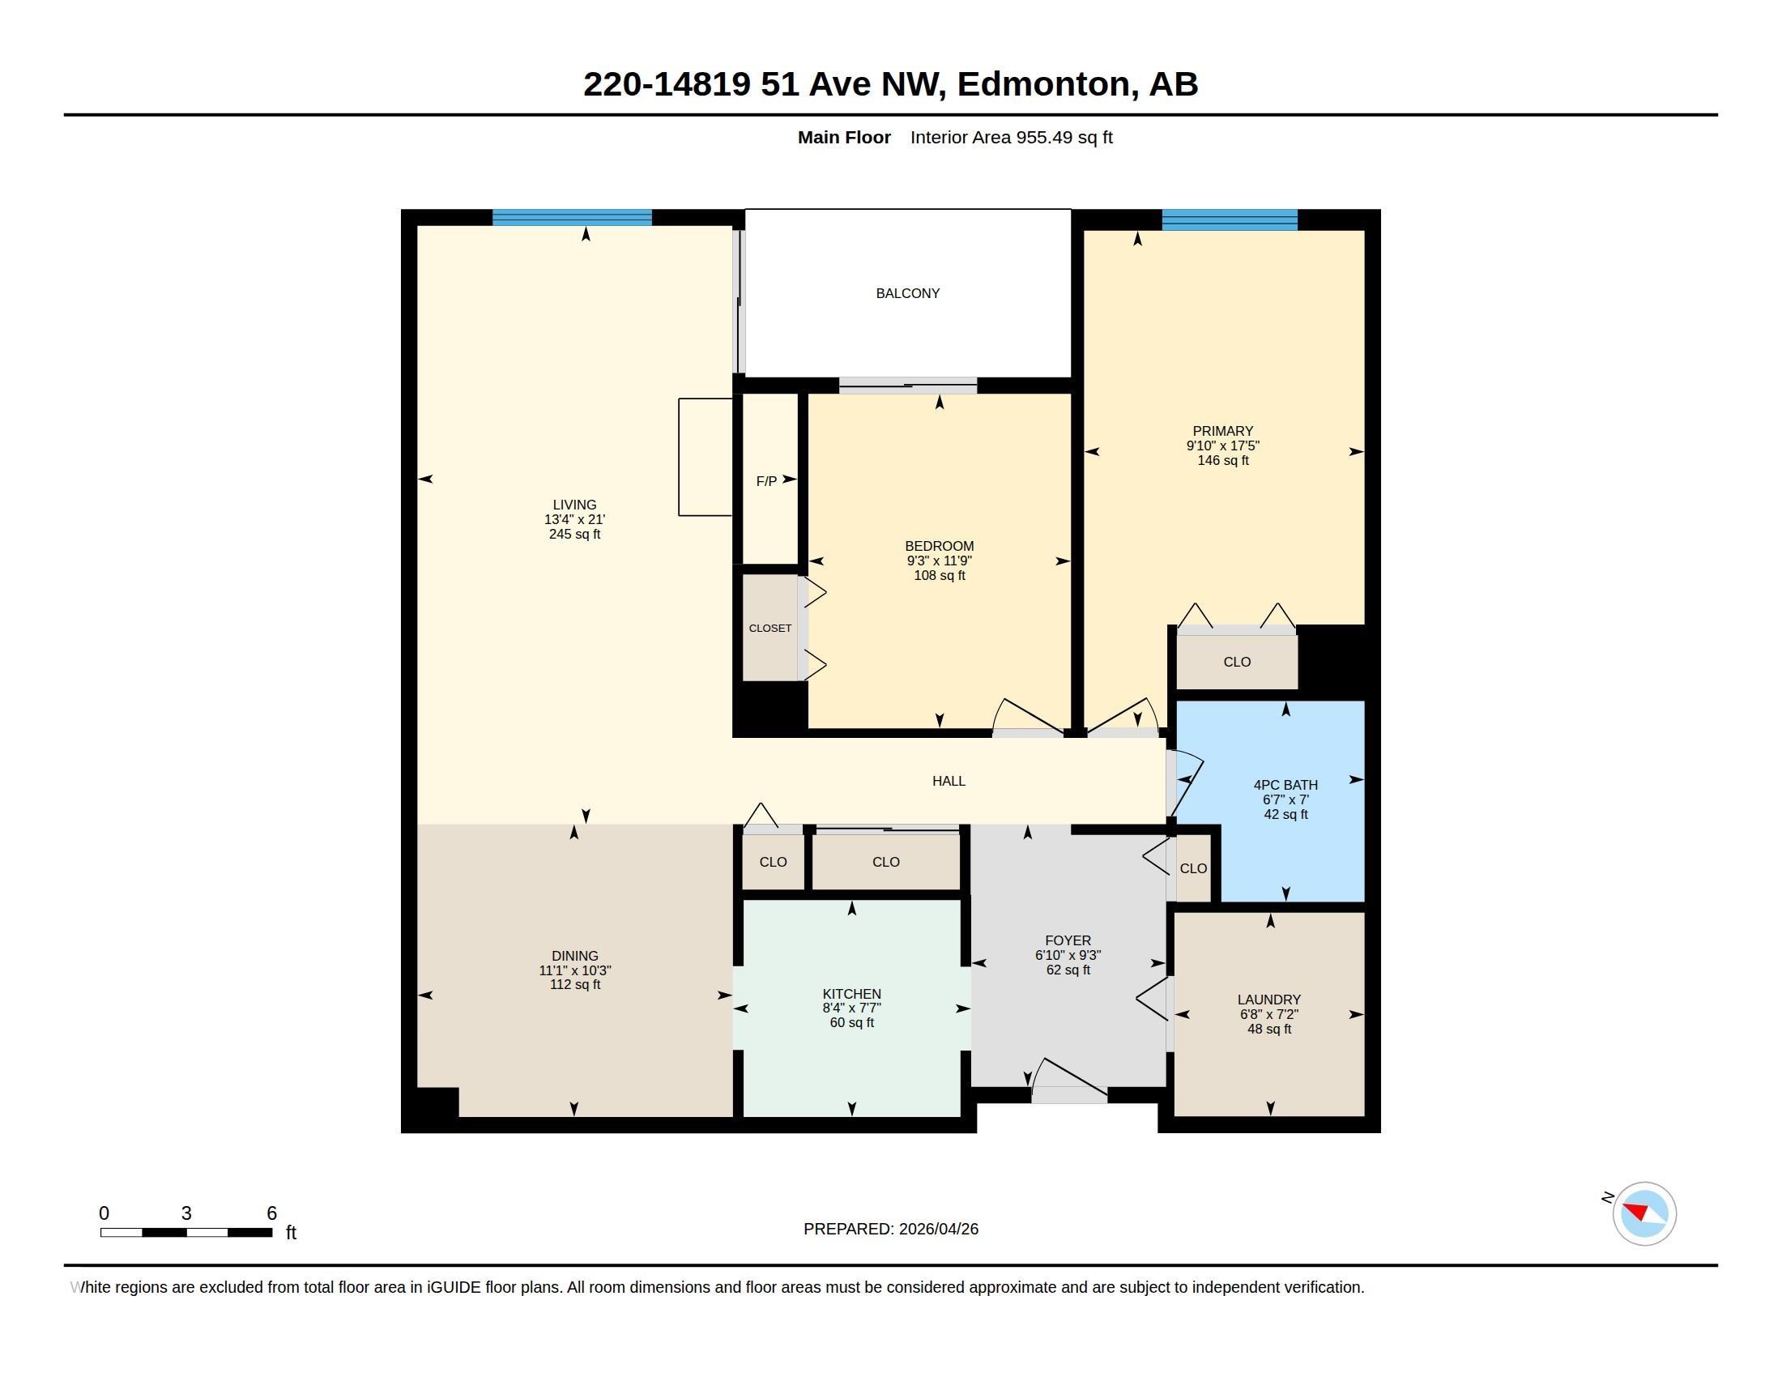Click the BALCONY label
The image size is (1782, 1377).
click(907, 294)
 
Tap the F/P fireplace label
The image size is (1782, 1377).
click(766, 482)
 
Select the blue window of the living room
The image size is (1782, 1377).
click(572, 218)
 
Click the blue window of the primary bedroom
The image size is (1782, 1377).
click(1230, 220)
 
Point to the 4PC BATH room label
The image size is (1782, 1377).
click(1285, 786)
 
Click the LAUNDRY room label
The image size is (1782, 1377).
click(1268, 1000)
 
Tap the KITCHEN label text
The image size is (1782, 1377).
click(852, 995)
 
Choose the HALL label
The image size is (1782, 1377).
click(949, 782)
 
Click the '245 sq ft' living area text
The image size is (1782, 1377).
click(574, 535)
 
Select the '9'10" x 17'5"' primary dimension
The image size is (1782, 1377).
click(1222, 446)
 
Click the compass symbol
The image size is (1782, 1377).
click(1644, 1214)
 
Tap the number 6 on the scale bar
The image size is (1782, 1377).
click(271, 1213)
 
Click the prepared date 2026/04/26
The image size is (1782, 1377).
click(938, 1230)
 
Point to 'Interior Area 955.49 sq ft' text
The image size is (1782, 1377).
click(1011, 138)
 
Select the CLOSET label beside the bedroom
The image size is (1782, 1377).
click(770, 628)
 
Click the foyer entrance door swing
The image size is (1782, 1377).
click(1069, 1077)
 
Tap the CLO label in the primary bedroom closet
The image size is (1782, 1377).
click(1237, 663)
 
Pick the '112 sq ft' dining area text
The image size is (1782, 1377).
click(574, 985)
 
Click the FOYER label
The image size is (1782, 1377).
click(1068, 941)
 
